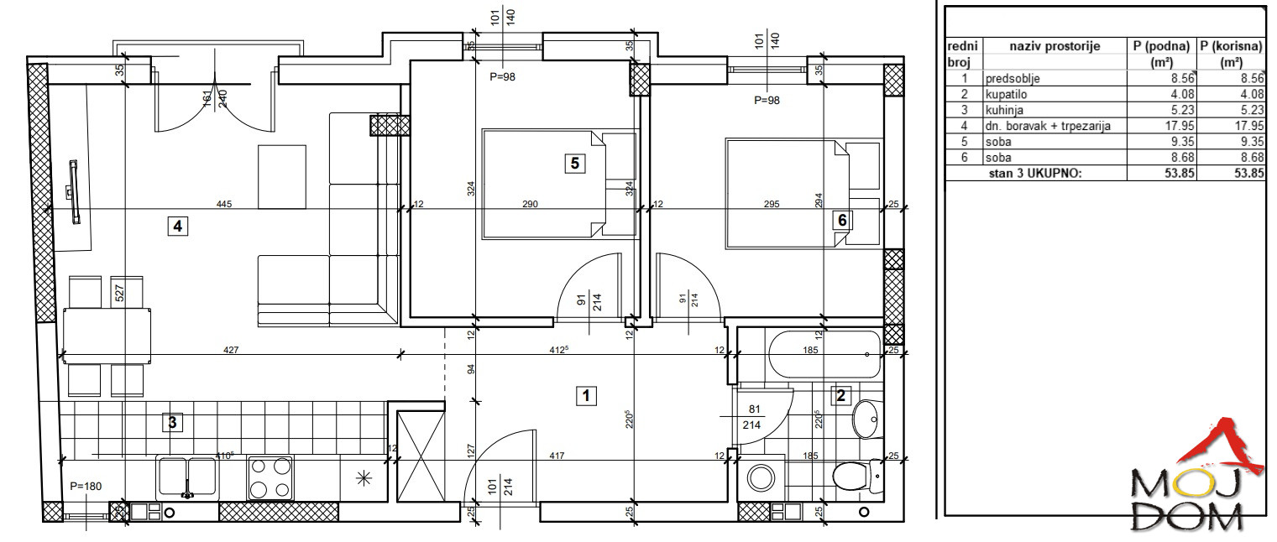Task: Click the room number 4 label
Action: (x=178, y=227)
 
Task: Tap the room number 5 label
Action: (x=574, y=164)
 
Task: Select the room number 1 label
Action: (x=586, y=395)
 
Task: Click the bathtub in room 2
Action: (x=824, y=355)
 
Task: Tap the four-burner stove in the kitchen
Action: (x=270, y=478)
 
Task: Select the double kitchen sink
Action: (x=187, y=477)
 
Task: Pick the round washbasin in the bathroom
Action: (x=867, y=419)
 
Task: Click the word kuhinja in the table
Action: (x=1004, y=110)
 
